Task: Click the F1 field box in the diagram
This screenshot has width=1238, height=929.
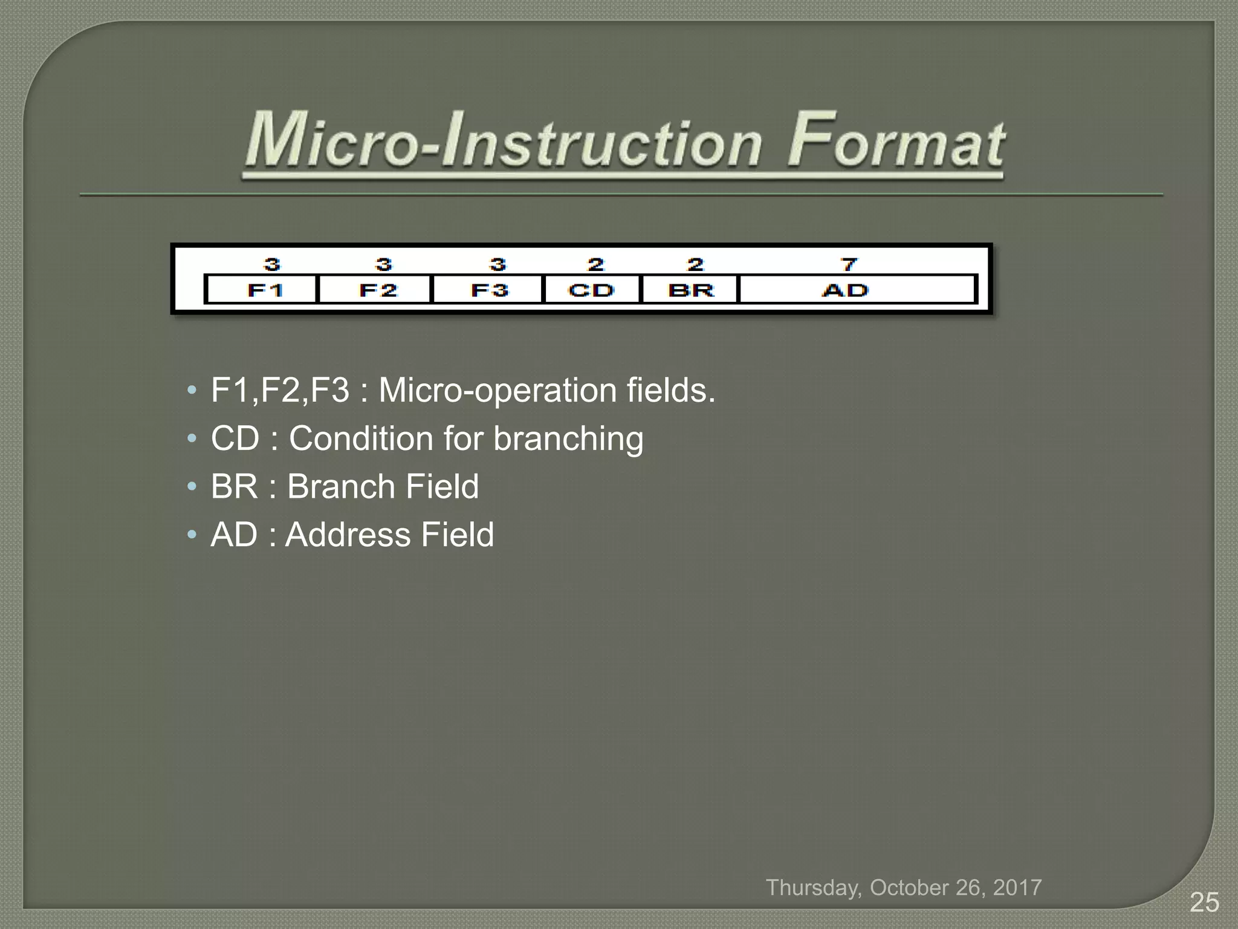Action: [261, 290]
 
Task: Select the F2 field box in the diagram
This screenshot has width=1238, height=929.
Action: [375, 290]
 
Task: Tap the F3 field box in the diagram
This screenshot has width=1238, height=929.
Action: [488, 290]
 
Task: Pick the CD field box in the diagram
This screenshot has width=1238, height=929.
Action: [592, 290]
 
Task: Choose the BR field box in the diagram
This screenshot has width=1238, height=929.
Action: [690, 290]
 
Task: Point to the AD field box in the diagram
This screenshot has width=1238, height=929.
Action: [857, 290]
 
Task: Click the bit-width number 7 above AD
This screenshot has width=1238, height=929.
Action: [849, 264]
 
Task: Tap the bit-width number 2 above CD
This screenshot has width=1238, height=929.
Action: [596, 264]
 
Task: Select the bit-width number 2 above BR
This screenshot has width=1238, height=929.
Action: [696, 264]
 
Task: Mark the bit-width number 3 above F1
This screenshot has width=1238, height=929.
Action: [272, 264]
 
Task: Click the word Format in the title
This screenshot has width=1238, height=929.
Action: [895, 142]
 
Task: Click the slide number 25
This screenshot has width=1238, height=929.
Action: [1204, 902]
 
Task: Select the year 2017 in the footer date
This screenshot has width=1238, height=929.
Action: [1017, 887]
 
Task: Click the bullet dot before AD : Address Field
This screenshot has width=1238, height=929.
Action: [192, 535]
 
